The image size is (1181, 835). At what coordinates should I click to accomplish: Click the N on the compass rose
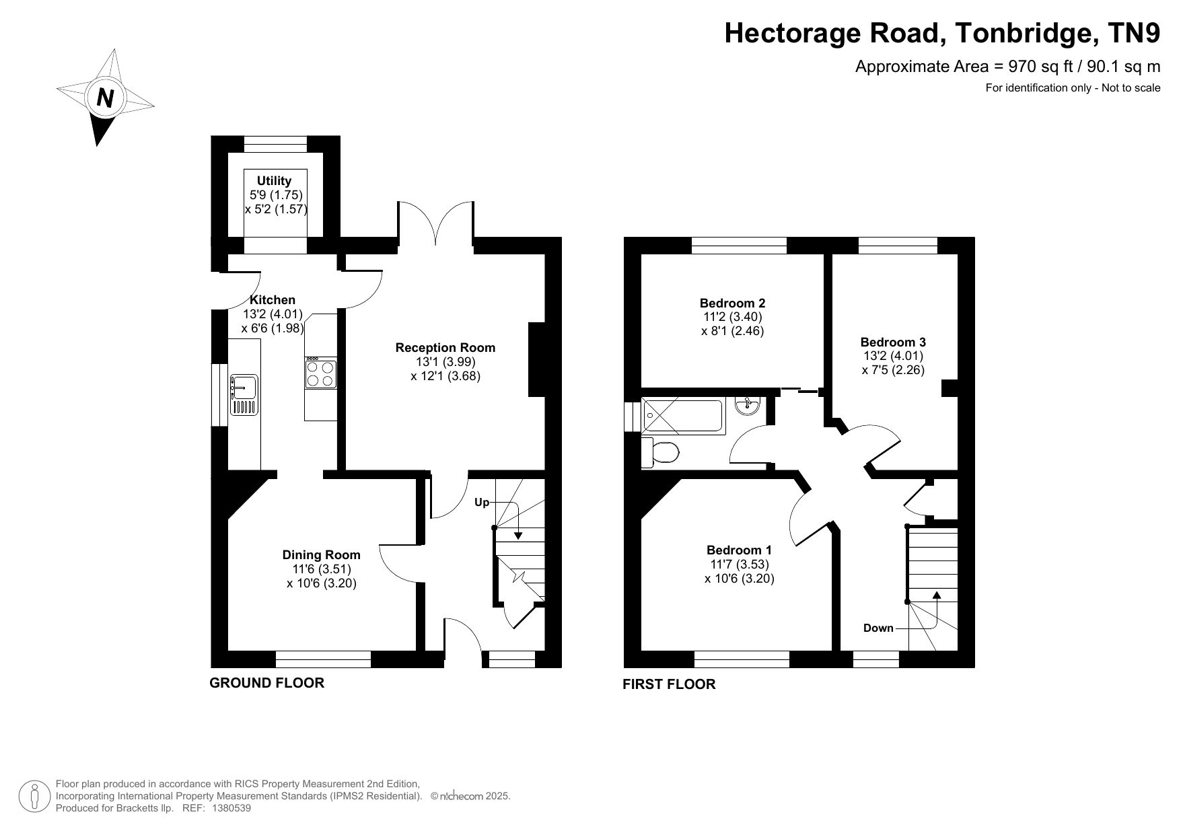click(x=105, y=98)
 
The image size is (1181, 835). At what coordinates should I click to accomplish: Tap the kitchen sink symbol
click(x=244, y=394)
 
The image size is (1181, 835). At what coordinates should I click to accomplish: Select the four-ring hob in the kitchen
click(x=320, y=373)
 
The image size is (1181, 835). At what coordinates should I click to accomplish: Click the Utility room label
click(x=274, y=180)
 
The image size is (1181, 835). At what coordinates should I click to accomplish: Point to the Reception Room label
click(x=445, y=347)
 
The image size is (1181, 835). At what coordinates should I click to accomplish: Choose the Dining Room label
click(x=321, y=554)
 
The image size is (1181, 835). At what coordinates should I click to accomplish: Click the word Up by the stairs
click(x=482, y=503)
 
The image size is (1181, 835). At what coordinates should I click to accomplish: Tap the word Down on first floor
click(x=878, y=628)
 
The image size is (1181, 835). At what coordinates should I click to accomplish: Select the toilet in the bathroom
click(x=660, y=452)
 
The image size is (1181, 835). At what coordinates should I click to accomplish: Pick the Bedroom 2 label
click(x=732, y=303)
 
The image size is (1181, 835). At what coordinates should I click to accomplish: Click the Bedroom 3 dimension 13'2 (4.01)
click(x=893, y=356)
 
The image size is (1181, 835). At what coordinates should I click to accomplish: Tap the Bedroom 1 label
click(x=739, y=550)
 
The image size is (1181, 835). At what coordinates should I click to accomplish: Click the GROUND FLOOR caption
click(x=267, y=683)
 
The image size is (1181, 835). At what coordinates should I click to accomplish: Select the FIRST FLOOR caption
click(x=669, y=684)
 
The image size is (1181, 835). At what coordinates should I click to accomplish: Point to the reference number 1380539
click(x=231, y=808)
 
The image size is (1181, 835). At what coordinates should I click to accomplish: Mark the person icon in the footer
click(x=35, y=797)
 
